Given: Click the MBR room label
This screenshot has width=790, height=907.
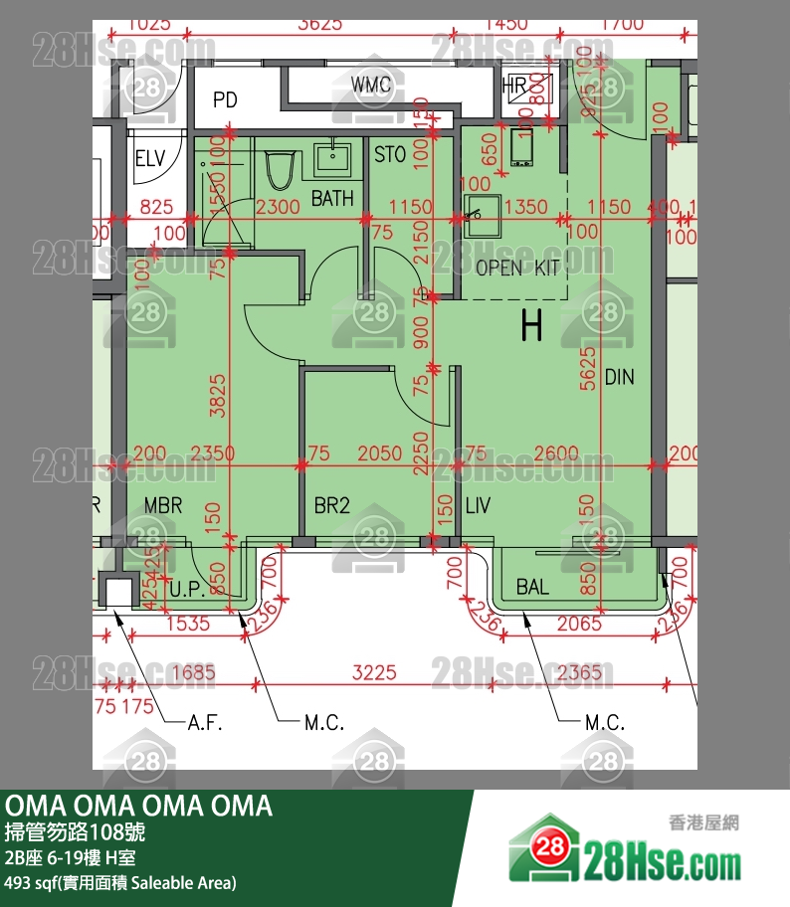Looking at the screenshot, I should click(163, 505).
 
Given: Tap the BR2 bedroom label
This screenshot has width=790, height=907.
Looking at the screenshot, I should click(332, 505).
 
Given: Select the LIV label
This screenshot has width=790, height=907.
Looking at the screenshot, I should click(479, 505).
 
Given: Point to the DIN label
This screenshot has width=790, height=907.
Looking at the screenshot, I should click(619, 377).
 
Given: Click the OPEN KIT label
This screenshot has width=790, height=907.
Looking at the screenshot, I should click(517, 268).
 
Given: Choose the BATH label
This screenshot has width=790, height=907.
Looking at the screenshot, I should click(332, 199).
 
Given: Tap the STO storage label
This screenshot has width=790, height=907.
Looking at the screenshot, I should click(389, 155).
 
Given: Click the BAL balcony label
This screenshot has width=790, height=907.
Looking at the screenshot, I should click(533, 587).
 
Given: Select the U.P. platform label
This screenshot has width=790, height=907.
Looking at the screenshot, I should click(186, 590).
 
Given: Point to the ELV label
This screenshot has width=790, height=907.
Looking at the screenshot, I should click(150, 159).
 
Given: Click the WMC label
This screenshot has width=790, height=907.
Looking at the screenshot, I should click(372, 86).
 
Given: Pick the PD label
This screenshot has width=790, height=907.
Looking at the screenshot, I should click(225, 99).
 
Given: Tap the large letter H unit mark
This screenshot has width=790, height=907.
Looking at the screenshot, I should click(531, 325).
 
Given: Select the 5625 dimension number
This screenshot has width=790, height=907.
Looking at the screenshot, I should click(587, 367).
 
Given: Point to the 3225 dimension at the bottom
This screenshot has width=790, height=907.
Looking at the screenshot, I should click(375, 673).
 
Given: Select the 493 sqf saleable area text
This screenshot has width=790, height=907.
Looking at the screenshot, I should click(120, 882).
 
